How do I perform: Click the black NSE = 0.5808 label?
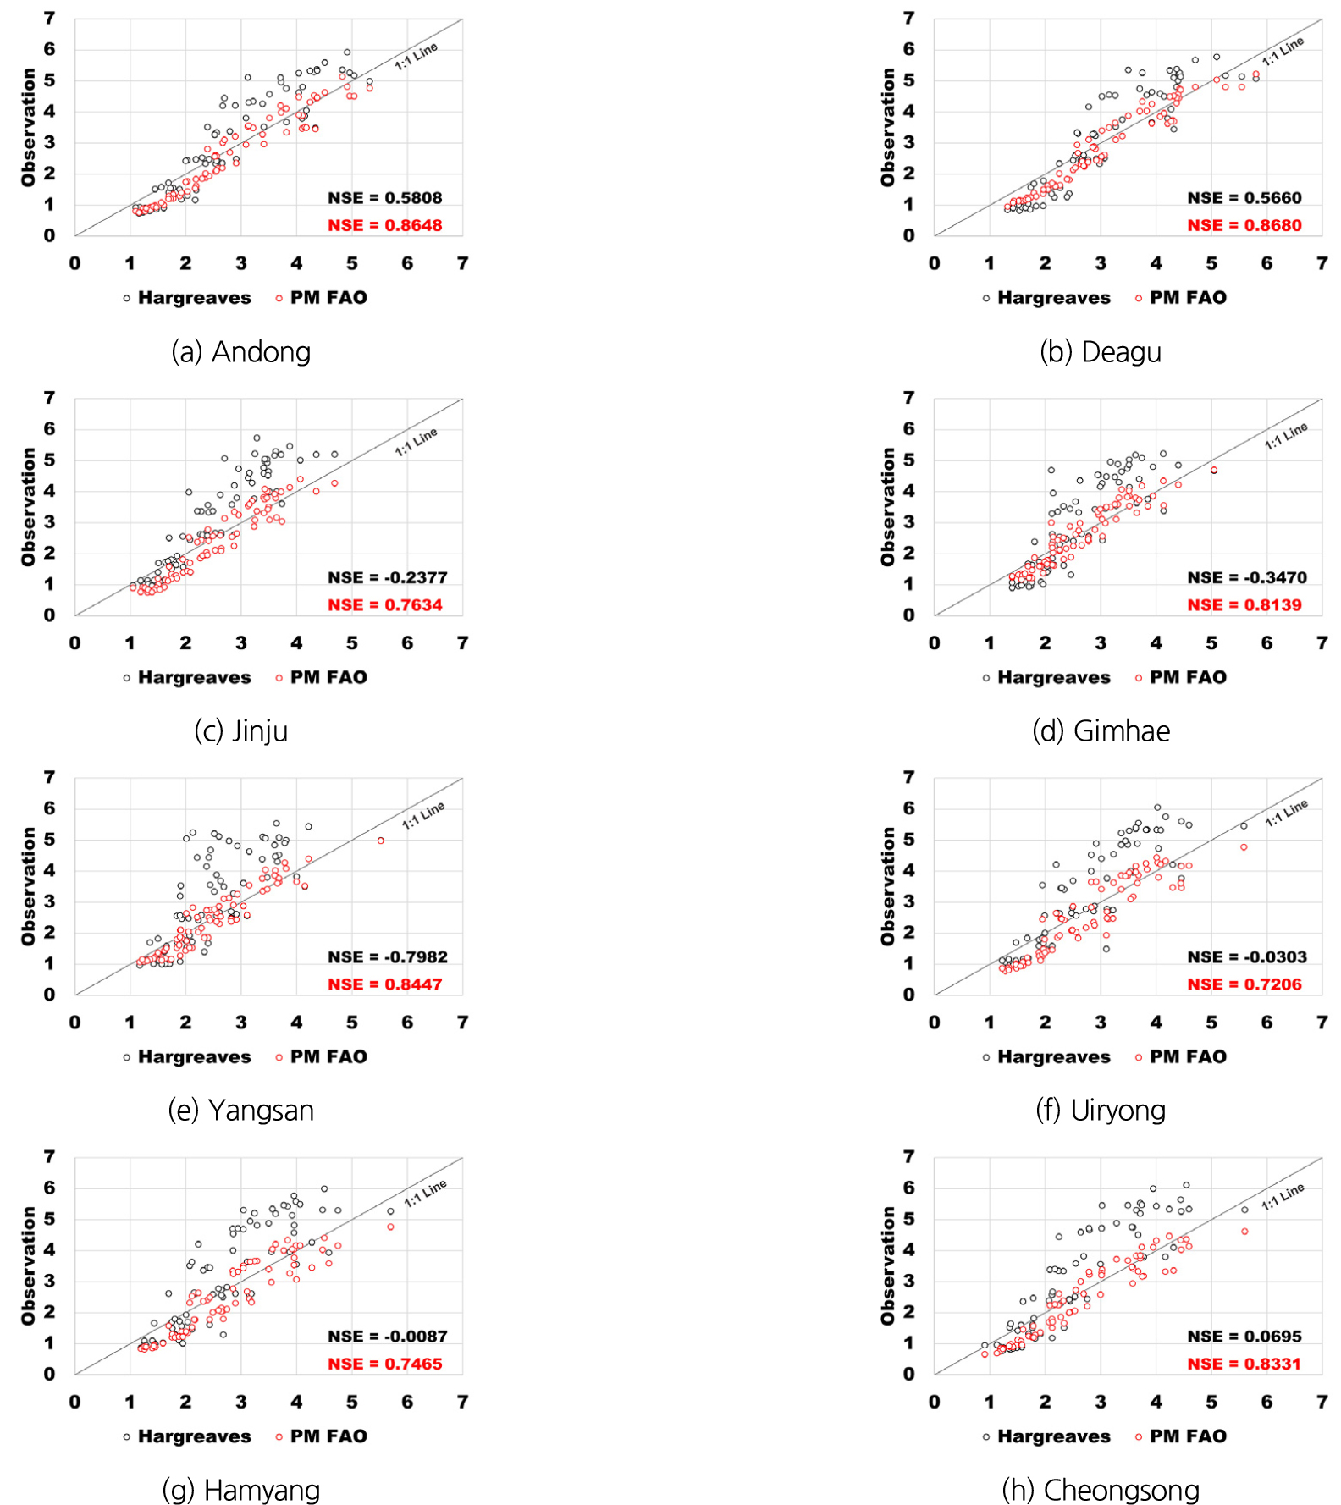pos(384,198)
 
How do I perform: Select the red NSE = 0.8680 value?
pos(1244,225)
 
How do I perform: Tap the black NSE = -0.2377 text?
pos(387,577)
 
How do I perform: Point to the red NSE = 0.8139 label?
pos(1244,605)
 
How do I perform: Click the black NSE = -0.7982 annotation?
pos(387,956)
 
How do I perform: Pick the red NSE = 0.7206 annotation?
pos(1244,984)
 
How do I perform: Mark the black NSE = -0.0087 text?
pos(387,1337)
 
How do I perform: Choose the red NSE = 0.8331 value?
pos(1244,1364)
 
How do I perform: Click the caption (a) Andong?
pos(241,351)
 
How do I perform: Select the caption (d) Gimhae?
pos(1101,730)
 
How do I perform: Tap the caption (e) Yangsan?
pos(241,1110)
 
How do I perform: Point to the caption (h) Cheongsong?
pos(1101,1490)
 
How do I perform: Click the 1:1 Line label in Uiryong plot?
pos(1286,813)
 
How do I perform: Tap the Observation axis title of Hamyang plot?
pos(29,1265)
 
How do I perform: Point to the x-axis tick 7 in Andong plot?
pos(462,263)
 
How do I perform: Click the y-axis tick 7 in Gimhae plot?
pos(908,398)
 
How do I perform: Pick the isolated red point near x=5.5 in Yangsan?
pos(381,841)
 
